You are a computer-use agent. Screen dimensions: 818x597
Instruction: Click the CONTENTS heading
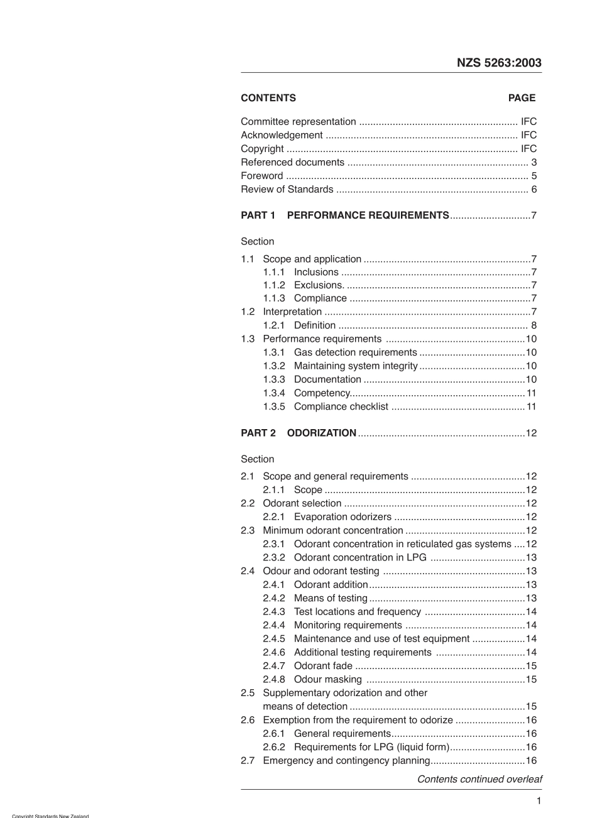click(x=268, y=98)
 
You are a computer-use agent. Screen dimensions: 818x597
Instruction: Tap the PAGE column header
click(x=522, y=98)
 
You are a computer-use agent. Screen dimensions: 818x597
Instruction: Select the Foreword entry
click(x=262, y=176)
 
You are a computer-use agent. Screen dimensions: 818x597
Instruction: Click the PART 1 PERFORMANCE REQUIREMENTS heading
click(x=344, y=215)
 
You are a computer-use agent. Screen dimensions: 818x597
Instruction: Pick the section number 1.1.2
click(x=274, y=285)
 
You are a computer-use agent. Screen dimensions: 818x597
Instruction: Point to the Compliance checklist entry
click(x=341, y=406)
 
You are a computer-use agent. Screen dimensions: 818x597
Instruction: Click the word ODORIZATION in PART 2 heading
click(x=322, y=433)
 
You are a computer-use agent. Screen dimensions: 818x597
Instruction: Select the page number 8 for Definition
click(x=534, y=325)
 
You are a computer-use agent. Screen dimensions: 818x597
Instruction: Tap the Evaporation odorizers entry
click(x=342, y=517)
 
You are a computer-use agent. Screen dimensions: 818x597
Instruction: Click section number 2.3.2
click(x=274, y=557)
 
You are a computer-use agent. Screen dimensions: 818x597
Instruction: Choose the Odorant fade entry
click(x=323, y=666)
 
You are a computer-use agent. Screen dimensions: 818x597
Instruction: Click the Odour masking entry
click(x=327, y=679)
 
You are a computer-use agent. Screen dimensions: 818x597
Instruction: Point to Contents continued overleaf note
click(x=479, y=779)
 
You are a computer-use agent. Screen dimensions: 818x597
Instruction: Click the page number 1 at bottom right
click(x=539, y=800)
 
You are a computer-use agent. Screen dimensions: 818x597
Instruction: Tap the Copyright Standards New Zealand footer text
click(x=50, y=815)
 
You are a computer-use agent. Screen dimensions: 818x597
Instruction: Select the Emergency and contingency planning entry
click(x=346, y=761)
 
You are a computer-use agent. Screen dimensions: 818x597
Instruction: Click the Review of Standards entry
click(x=287, y=189)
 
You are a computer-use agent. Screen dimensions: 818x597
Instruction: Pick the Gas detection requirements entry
click(x=355, y=352)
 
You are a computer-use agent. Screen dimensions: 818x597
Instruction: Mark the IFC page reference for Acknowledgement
click(x=529, y=135)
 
